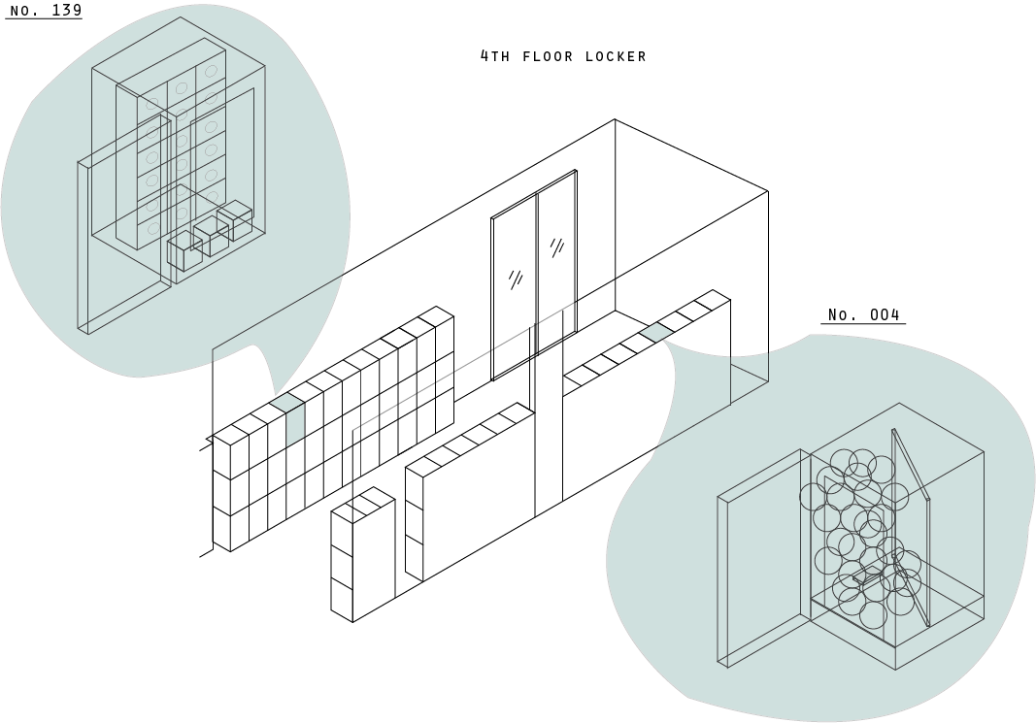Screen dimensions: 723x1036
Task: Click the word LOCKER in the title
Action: pos(616,57)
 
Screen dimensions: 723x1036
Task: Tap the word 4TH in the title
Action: pos(495,56)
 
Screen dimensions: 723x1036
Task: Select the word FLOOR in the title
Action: pos(549,57)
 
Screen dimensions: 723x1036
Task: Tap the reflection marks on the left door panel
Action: pos(516,279)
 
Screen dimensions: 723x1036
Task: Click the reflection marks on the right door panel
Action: pos(556,247)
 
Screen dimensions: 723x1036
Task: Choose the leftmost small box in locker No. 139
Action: pos(184,251)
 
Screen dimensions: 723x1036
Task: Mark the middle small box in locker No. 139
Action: pos(211,236)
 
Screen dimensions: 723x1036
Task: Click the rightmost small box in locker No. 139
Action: pos(235,220)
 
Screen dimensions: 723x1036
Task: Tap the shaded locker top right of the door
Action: pos(656,332)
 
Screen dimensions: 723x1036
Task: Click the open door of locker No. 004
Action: pos(911,529)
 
